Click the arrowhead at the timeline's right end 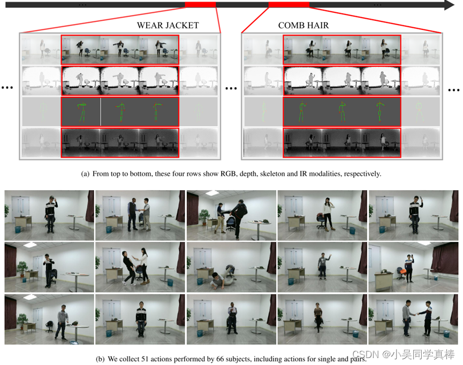click(x=449, y=5)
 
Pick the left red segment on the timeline click(x=201, y=4)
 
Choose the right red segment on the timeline click(x=289, y=4)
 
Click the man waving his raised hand click(x=323, y=266)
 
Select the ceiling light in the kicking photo click(x=212, y=193)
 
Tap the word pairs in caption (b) click(x=358, y=360)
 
